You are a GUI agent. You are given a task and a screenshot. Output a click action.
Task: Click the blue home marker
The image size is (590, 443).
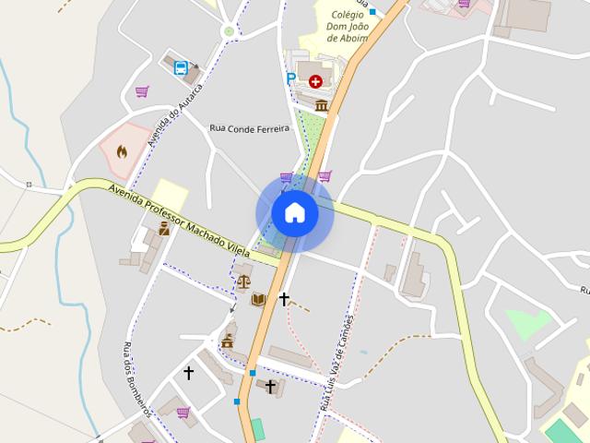point(295,213)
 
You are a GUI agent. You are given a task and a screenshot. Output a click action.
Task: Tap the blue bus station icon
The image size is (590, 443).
point(181,67)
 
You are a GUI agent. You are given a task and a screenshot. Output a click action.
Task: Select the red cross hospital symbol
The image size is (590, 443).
point(317,81)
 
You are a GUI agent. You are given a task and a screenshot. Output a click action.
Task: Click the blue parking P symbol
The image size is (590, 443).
point(291,79)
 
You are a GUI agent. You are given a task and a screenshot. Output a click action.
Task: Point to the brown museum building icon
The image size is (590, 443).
point(322,106)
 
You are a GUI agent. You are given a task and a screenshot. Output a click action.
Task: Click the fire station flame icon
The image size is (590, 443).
point(122,151)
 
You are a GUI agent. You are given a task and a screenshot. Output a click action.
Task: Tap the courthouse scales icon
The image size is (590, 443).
point(243,281)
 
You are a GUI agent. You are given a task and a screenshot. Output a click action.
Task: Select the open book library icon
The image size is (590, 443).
point(259,299)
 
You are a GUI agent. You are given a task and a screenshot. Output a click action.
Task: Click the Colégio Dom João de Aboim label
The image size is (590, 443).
point(347,26)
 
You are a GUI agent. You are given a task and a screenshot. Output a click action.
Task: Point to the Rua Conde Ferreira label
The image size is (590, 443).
point(249,128)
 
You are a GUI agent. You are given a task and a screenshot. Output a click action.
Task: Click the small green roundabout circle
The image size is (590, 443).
point(229,31)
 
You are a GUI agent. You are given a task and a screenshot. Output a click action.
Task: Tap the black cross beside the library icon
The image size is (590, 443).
point(284,298)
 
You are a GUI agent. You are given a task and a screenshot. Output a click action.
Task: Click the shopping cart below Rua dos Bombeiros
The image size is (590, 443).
point(183,412)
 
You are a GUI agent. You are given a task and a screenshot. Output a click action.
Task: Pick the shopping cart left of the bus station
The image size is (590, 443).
point(142,91)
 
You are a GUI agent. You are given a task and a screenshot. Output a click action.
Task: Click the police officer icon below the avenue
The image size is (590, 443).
point(164,229)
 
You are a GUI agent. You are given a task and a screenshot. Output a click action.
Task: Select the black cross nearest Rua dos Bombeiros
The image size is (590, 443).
point(189,373)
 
